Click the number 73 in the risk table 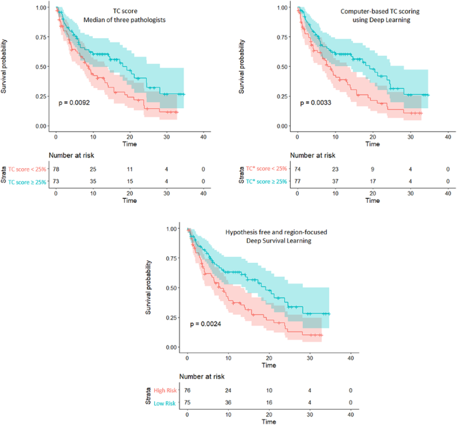tap(56, 182)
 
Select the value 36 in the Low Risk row tap(228, 403)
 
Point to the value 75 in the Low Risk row tap(188, 403)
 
